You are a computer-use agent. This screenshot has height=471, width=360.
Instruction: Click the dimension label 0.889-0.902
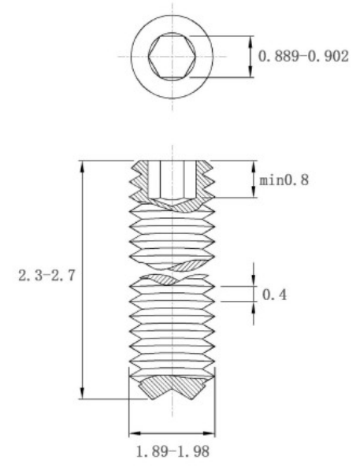pyautogui.click(x=303, y=56)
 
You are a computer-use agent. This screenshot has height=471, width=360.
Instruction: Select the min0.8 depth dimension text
pyautogui.click(x=284, y=180)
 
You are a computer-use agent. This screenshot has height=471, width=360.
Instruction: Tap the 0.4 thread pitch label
pyautogui.click(x=274, y=295)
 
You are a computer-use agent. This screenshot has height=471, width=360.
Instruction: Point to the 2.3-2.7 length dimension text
pyautogui.click(x=46, y=275)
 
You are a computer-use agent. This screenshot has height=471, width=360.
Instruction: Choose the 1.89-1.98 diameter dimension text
pyautogui.click(x=173, y=451)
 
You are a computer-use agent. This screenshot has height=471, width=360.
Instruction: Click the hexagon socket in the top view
pyautogui.click(x=172, y=57)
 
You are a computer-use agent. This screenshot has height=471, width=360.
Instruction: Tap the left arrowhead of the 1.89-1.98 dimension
pyautogui.click(x=135, y=433)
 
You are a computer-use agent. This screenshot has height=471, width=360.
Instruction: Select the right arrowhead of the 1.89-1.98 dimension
pyautogui.click(x=209, y=433)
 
